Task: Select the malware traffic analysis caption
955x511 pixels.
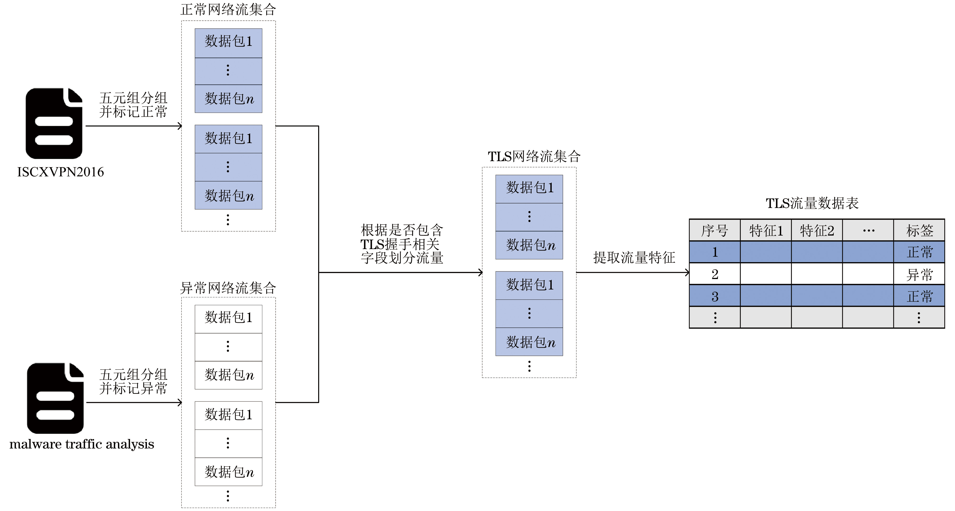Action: pyautogui.click(x=82, y=444)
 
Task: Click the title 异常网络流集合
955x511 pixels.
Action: pyautogui.click(x=228, y=288)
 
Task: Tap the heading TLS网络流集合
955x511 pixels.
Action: pyautogui.click(x=534, y=157)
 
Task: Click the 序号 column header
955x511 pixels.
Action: pyautogui.click(x=714, y=231)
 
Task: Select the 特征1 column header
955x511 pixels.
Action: pyautogui.click(x=765, y=231)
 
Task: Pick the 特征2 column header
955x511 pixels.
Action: pyautogui.click(x=817, y=231)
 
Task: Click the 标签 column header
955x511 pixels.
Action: pyautogui.click(x=919, y=231)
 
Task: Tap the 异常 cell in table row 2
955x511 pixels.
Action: pyautogui.click(x=919, y=275)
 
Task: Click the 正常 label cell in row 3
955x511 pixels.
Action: pyautogui.click(x=919, y=296)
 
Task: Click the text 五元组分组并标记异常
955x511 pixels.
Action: pyautogui.click(x=133, y=381)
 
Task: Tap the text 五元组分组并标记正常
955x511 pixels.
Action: pyautogui.click(x=133, y=105)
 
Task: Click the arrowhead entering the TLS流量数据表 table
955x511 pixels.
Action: pyautogui.click(x=687, y=273)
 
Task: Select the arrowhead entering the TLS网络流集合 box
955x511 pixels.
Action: pyautogui.click(x=480, y=273)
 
